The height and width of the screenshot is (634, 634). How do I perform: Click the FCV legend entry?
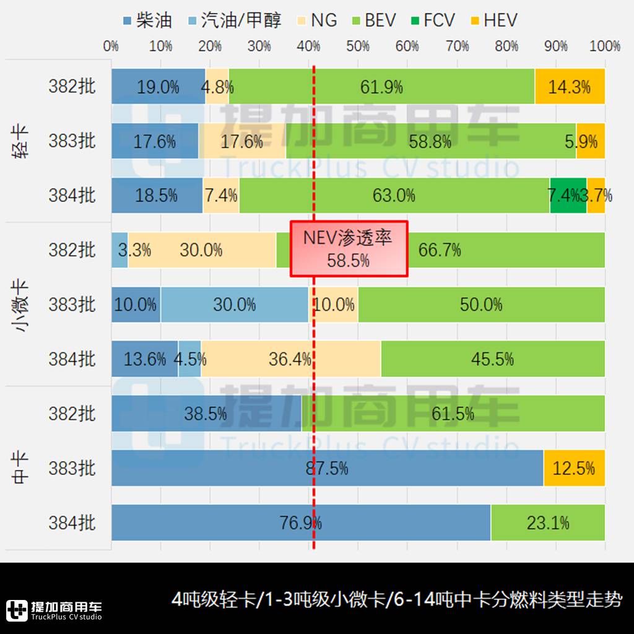point(433,20)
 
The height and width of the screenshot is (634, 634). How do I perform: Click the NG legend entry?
point(316,20)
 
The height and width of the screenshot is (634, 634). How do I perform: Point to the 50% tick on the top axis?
point(358,46)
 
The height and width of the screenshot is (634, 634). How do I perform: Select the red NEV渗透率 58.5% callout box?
point(349,248)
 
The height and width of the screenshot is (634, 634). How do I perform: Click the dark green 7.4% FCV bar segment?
point(568,196)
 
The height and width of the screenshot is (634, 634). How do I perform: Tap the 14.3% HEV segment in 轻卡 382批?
point(570,87)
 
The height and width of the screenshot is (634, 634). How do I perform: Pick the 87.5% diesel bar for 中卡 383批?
point(327,468)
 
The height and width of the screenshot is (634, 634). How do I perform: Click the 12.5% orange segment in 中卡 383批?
point(574,468)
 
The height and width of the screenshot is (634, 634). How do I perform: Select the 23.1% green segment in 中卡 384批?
point(548,523)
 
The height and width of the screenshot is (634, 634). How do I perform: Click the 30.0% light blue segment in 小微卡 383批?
point(235,305)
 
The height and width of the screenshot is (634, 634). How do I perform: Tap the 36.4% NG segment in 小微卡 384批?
point(290,359)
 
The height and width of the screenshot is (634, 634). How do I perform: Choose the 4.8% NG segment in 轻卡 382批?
point(217,87)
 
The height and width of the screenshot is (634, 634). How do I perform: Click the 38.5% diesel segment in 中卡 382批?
point(206,414)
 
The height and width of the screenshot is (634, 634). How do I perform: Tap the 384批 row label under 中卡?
point(72,523)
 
